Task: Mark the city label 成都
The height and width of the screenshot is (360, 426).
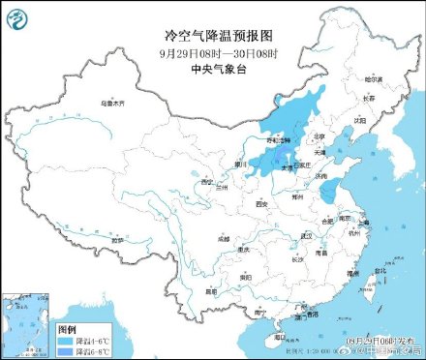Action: [225, 236]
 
